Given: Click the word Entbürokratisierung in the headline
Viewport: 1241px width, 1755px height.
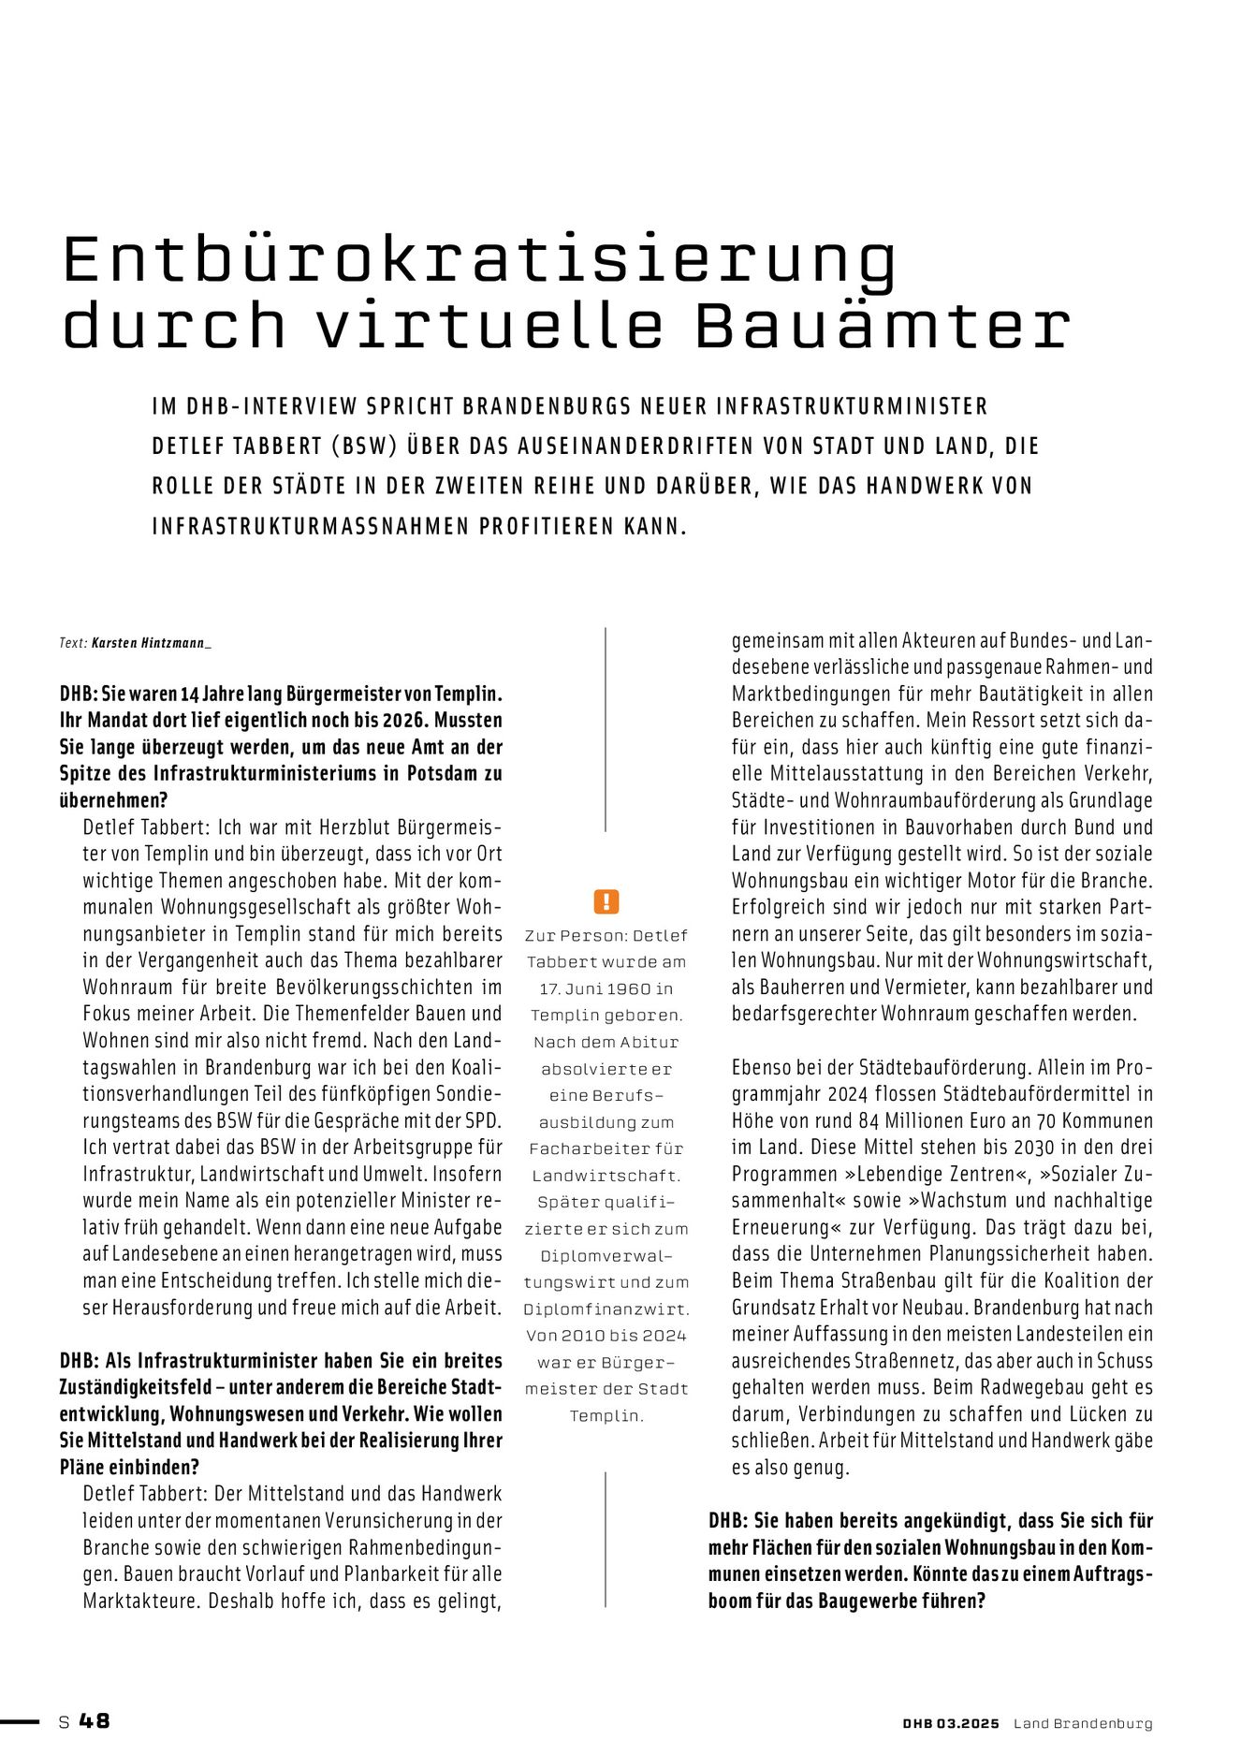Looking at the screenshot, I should (x=479, y=260).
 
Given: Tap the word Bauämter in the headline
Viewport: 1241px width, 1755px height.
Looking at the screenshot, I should (x=881, y=325).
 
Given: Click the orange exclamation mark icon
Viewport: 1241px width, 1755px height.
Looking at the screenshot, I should (x=606, y=901).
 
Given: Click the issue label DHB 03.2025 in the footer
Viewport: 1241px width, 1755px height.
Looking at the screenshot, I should (x=951, y=1723).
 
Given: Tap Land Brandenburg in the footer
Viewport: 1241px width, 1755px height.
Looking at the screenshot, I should (x=1083, y=1723).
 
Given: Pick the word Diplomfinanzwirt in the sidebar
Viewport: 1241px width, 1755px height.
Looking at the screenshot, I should (x=606, y=1309).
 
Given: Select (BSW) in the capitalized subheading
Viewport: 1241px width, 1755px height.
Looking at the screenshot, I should (x=363, y=446).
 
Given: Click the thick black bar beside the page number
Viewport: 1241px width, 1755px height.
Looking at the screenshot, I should (x=20, y=1721).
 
